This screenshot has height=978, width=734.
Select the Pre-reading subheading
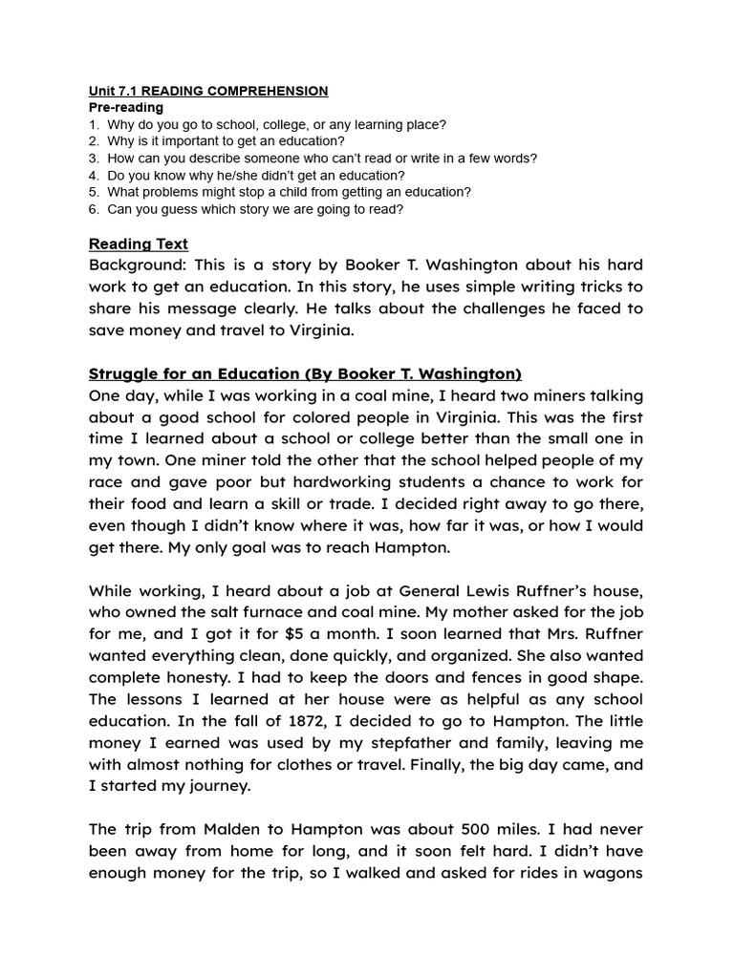coord(125,108)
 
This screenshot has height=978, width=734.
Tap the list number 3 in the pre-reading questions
coord(93,159)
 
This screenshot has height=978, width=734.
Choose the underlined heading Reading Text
coord(138,244)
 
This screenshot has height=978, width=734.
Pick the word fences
coord(463,678)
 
